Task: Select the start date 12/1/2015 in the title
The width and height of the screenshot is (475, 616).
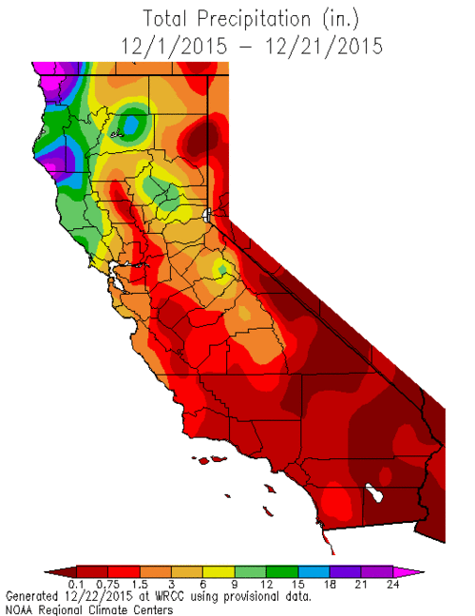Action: tap(168, 44)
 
